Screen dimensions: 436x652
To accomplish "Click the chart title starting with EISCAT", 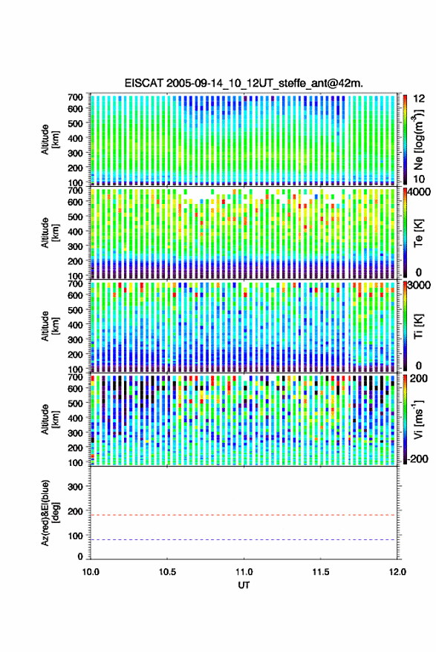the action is [x=244, y=83].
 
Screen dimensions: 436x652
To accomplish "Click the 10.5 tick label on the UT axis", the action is [x=167, y=572].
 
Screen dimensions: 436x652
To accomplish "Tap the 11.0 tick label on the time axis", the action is [x=244, y=572].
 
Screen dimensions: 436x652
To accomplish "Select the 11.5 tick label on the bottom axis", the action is [x=320, y=572].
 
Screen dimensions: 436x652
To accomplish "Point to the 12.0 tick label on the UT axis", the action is [x=397, y=572].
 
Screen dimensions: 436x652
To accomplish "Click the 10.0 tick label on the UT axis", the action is [x=91, y=572].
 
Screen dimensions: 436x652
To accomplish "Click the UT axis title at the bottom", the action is [x=244, y=585].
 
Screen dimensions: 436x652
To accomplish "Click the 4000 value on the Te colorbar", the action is [x=420, y=192].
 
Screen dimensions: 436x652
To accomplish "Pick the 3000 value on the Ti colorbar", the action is [x=420, y=286].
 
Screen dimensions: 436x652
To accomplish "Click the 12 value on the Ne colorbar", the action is [x=419, y=99].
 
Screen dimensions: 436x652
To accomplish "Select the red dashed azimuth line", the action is [x=244, y=515].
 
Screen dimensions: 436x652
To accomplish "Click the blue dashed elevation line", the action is [x=244, y=540].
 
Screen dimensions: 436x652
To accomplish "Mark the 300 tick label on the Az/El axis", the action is [x=75, y=487].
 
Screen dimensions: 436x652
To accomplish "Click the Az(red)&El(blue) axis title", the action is [x=50, y=513].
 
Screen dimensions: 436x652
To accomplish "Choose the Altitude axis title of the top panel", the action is [x=50, y=139].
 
